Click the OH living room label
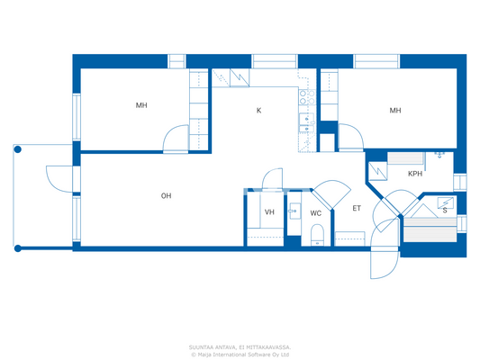[x=166, y=195]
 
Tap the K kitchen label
[x=258, y=111]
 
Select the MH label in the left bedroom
[x=141, y=105]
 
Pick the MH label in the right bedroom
[x=394, y=111]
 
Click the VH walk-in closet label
[x=269, y=212]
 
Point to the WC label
[x=316, y=213]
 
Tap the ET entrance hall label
[x=357, y=208]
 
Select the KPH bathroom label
[x=415, y=174]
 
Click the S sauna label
[x=444, y=211]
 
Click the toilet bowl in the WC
[x=316, y=236]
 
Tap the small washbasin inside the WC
[x=293, y=212]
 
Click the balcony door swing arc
[x=57, y=178]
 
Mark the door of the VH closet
[x=267, y=179]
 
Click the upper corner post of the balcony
[x=15, y=148]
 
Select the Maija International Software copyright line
[x=240, y=354]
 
